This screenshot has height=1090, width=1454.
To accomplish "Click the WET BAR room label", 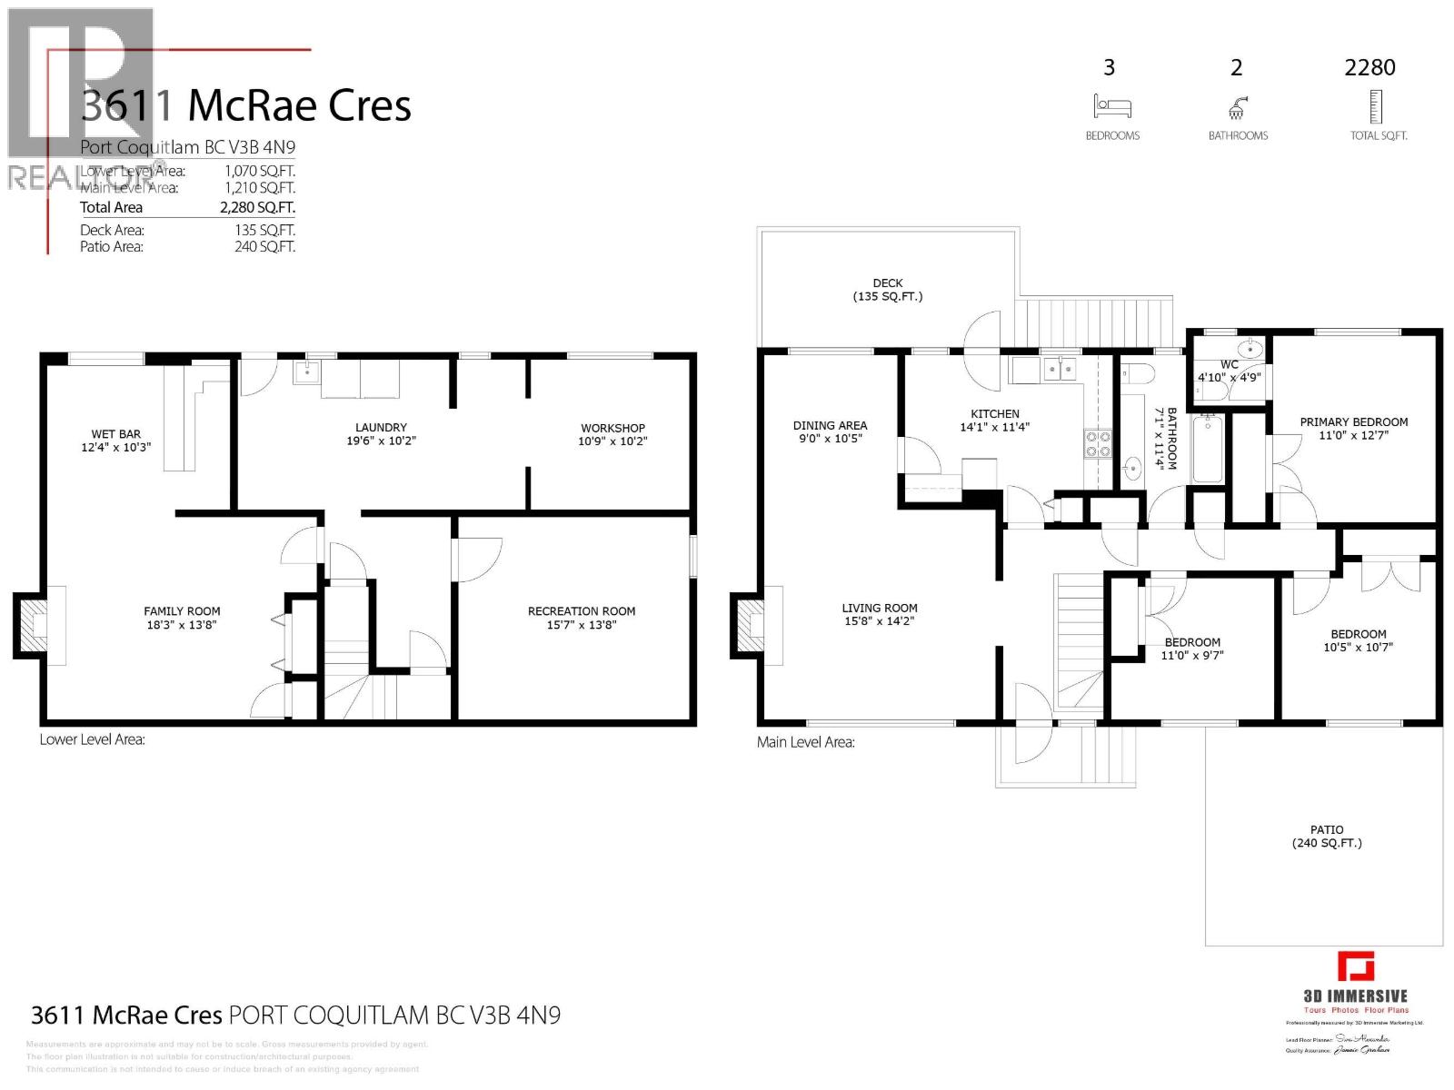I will [115, 434].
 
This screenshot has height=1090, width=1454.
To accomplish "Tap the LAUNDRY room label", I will [381, 428].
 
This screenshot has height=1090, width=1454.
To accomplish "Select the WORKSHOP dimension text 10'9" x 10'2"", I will [612, 441].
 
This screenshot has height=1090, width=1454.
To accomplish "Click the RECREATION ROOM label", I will [582, 611].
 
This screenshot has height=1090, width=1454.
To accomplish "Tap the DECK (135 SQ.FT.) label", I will [887, 290].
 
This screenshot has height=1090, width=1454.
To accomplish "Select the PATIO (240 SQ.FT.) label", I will [1327, 837].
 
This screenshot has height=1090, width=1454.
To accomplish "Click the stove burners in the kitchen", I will [1098, 443].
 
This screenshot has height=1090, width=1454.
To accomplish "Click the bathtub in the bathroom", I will [1208, 449].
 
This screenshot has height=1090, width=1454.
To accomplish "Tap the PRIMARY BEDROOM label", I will [1353, 422].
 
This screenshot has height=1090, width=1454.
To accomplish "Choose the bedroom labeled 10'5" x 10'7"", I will [1358, 641].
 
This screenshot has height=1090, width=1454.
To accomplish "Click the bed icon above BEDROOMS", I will [1111, 106].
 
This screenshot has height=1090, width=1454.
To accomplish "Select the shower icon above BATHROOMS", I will [1237, 108].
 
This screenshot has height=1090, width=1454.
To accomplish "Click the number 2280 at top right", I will [1369, 67].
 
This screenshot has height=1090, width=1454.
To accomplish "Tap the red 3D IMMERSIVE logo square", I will [1355, 966].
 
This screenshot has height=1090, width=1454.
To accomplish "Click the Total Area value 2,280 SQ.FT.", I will [257, 208].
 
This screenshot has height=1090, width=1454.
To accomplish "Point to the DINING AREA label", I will [830, 425].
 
